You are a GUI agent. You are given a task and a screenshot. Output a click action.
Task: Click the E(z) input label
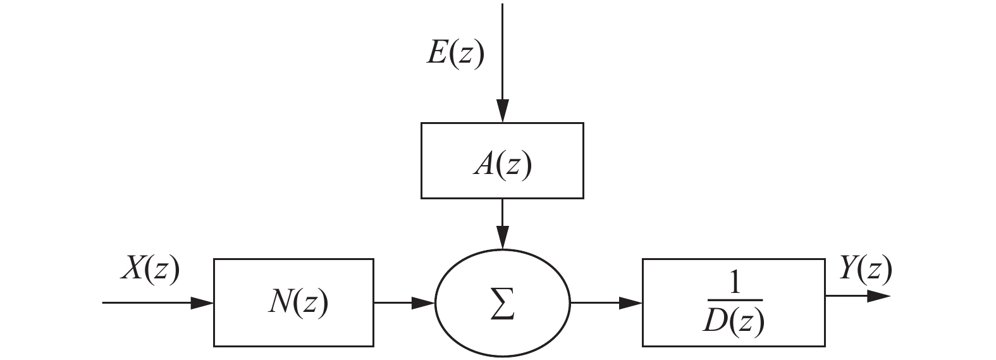[455, 54]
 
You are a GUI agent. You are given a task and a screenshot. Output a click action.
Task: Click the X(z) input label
[151, 270]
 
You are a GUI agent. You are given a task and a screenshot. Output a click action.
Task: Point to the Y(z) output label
[864, 270]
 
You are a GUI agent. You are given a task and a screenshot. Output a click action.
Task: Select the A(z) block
[502, 161]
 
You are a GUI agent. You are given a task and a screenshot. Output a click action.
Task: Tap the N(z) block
[293, 302]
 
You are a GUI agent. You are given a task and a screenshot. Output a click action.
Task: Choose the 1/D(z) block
[733, 302]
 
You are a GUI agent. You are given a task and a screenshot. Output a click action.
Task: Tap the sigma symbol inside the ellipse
[503, 304]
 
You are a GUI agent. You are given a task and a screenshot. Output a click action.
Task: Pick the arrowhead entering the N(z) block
[202, 303]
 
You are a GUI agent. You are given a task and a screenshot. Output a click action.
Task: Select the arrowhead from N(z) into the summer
[424, 303]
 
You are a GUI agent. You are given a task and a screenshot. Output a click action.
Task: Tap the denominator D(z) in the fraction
[734, 323]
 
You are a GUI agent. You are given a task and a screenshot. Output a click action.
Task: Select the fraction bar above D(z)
[734, 299]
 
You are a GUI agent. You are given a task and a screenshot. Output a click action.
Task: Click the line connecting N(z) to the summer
[395, 303]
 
